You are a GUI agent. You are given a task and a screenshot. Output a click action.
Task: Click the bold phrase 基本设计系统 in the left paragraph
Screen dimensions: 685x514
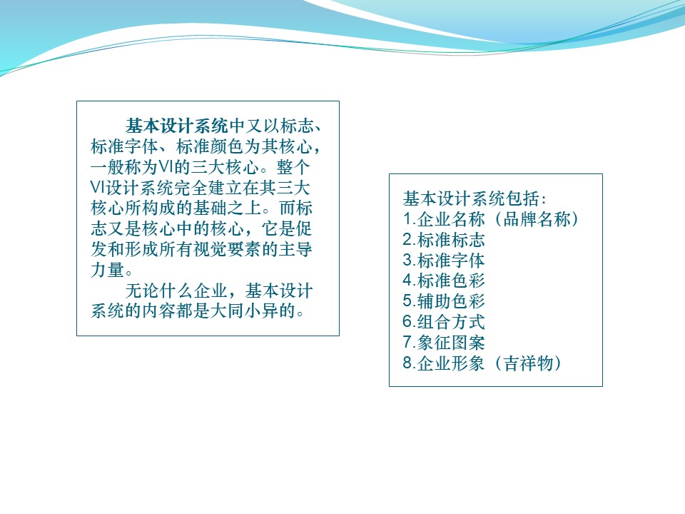pyautogui.click(x=176, y=126)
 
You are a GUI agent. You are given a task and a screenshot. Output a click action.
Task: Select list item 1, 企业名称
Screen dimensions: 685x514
pyautogui.click(x=444, y=219)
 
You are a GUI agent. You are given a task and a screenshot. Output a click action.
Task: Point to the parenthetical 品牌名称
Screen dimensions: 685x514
pyautogui.click(x=537, y=219)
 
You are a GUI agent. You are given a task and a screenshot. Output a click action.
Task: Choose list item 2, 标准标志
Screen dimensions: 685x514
pyautogui.click(x=444, y=240)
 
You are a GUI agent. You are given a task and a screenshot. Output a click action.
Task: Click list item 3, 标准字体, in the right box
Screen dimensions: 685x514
pyautogui.click(x=444, y=261)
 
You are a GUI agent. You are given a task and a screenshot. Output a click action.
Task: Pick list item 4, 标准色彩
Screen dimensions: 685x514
pyautogui.click(x=444, y=281)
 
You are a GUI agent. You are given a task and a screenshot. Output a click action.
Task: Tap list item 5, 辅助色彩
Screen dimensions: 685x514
pyautogui.click(x=444, y=301)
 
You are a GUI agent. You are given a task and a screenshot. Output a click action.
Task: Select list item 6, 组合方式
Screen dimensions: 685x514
pyautogui.click(x=444, y=322)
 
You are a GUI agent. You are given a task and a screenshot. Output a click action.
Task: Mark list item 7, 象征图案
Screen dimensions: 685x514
pyautogui.click(x=444, y=343)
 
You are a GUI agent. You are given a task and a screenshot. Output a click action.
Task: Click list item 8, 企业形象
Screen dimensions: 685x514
pyautogui.click(x=444, y=363)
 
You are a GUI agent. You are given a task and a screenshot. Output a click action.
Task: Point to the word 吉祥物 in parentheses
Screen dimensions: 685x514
pyautogui.click(x=529, y=363)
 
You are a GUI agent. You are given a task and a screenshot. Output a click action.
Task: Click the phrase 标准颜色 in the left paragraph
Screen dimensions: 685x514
pyautogui.click(x=210, y=146)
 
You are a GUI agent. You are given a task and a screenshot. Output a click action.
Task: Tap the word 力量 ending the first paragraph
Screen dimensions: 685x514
pyautogui.click(x=108, y=270)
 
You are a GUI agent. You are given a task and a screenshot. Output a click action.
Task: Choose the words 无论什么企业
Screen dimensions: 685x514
pyautogui.click(x=176, y=291)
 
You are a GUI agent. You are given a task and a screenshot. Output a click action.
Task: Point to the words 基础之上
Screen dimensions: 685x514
pyautogui.click(x=227, y=208)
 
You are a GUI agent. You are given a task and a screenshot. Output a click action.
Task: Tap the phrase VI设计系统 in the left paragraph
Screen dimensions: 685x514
pyautogui.click(x=132, y=188)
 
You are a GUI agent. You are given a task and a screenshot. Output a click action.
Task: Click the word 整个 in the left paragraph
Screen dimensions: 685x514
pyautogui.click(x=293, y=167)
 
